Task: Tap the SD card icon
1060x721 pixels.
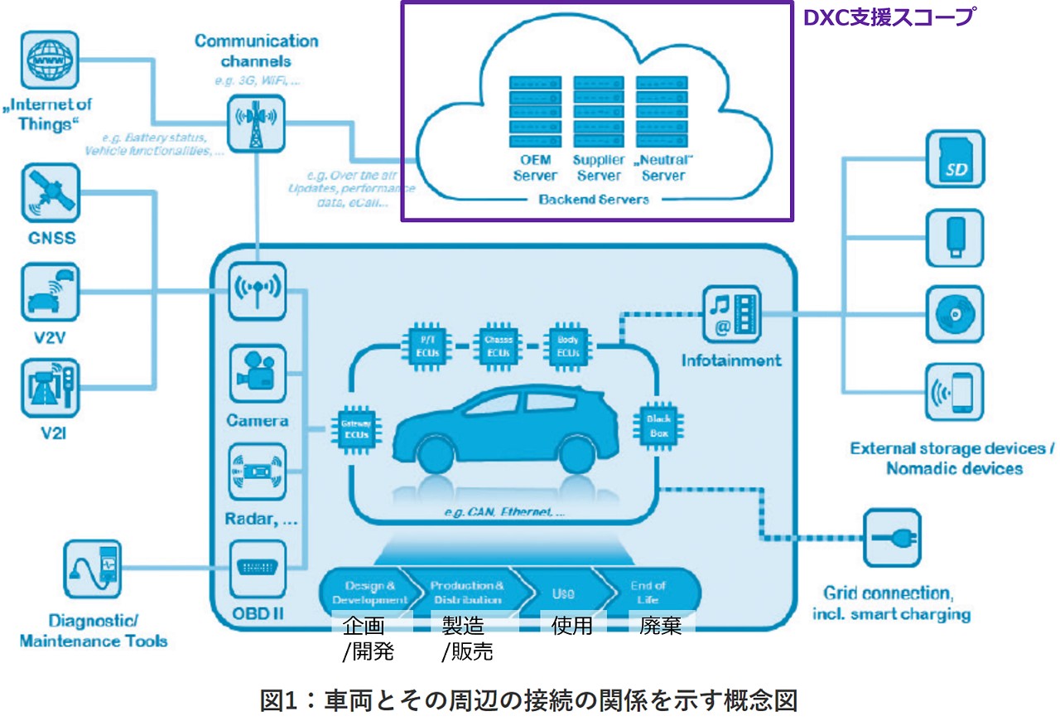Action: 955,161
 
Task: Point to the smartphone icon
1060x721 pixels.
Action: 955,392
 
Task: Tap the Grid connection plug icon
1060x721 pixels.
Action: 893,538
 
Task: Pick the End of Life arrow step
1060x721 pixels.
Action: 648,592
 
